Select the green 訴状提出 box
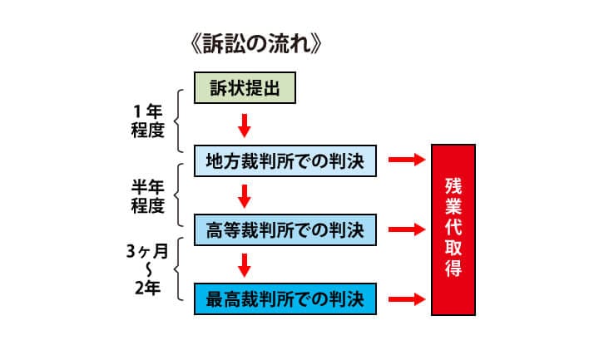[x=245, y=88]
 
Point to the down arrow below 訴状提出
[x=244, y=124]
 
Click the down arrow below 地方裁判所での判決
[x=244, y=194]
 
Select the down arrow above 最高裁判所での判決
[x=244, y=263]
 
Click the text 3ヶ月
[x=150, y=252]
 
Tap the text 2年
[x=151, y=288]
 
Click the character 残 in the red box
[x=453, y=184]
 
